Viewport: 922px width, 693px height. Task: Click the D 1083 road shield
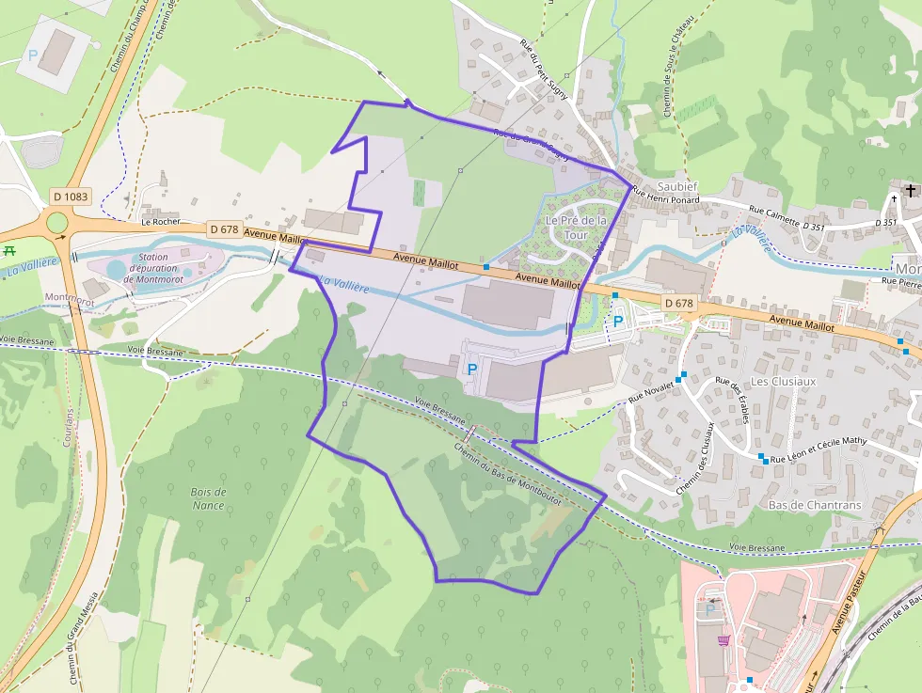(x=71, y=197)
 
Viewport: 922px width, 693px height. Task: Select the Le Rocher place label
(x=160, y=223)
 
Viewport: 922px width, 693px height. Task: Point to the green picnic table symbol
(x=10, y=250)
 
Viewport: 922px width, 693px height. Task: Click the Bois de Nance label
(x=208, y=498)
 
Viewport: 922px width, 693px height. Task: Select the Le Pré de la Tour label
(x=576, y=227)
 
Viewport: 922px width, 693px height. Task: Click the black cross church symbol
(x=910, y=191)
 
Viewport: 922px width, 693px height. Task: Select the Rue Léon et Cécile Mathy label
(x=818, y=450)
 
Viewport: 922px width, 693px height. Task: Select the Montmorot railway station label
(x=64, y=297)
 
